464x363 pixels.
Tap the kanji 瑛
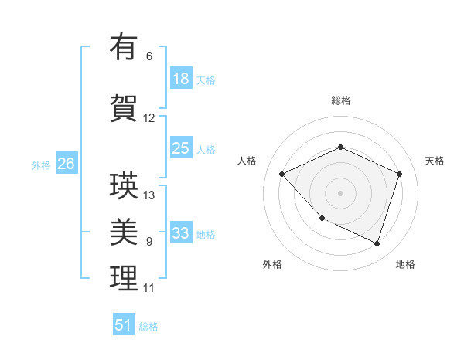[x=124, y=185]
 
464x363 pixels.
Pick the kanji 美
[x=124, y=232]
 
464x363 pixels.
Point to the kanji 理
[x=124, y=278]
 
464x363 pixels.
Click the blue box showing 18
[x=181, y=79]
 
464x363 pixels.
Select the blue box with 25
[x=181, y=148]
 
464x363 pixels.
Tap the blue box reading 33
[x=181, y=233]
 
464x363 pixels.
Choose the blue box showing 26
[x=66, y=164]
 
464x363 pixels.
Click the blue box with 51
[x=124, y=325]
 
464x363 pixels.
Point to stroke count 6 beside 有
[x=149, y=56]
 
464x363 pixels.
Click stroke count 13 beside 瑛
[x=149, y=195]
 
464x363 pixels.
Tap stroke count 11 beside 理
[x=148, y=288]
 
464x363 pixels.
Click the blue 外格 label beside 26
[x=40, y=165]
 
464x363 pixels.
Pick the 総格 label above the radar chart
[x=340, y=100]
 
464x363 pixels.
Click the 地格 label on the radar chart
[x=405, y=264]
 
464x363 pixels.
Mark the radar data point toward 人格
[x=282, y=174]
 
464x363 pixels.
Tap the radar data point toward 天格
[x=399, y=174]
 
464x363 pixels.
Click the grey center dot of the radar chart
[x=340, y=192]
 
